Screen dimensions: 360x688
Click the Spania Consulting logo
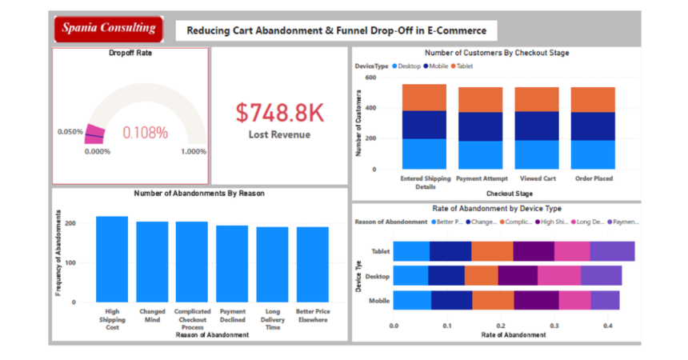click(x=107, y=29)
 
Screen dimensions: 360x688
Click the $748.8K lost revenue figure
click(x=279, y=113)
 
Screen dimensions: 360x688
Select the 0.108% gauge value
click(x=145, y=133)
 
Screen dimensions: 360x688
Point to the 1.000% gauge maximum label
click(x=193, y=151)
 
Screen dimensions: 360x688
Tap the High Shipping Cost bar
click(x=112, y=259)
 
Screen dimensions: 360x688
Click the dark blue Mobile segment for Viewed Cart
click(x=537, y=126)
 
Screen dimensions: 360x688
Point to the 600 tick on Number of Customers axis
click(x=370, y=78)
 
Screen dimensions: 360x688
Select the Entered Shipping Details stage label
click(x=424, y=182)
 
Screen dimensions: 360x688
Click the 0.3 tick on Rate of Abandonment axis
click(x=554, y=326)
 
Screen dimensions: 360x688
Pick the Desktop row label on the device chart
click(x=378, y=276)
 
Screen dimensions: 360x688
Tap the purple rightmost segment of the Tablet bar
click(x=612, y=250)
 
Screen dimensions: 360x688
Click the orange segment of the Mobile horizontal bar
click(x=493, y=300)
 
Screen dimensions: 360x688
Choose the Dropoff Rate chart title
click(x=130, y=54)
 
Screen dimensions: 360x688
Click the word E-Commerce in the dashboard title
click(x=457, y=30)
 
